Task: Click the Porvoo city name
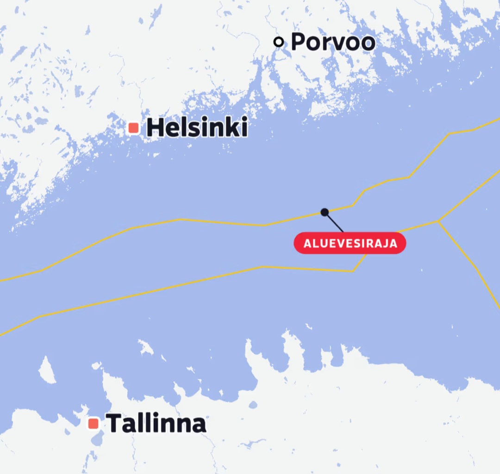[333, 42]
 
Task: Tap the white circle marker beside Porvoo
[278, 42]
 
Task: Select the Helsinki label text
[197, 128]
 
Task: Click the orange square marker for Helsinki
[134, 128]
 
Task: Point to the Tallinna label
[156, 423]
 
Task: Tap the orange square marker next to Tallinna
[94, 423]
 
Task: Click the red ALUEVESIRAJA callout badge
[350, 243]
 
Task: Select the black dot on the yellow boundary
[325, 212]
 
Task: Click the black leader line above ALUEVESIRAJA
[334, 222]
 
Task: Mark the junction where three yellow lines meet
[438, 221]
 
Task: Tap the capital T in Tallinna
[114, 423]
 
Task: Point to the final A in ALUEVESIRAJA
[394, 244]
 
